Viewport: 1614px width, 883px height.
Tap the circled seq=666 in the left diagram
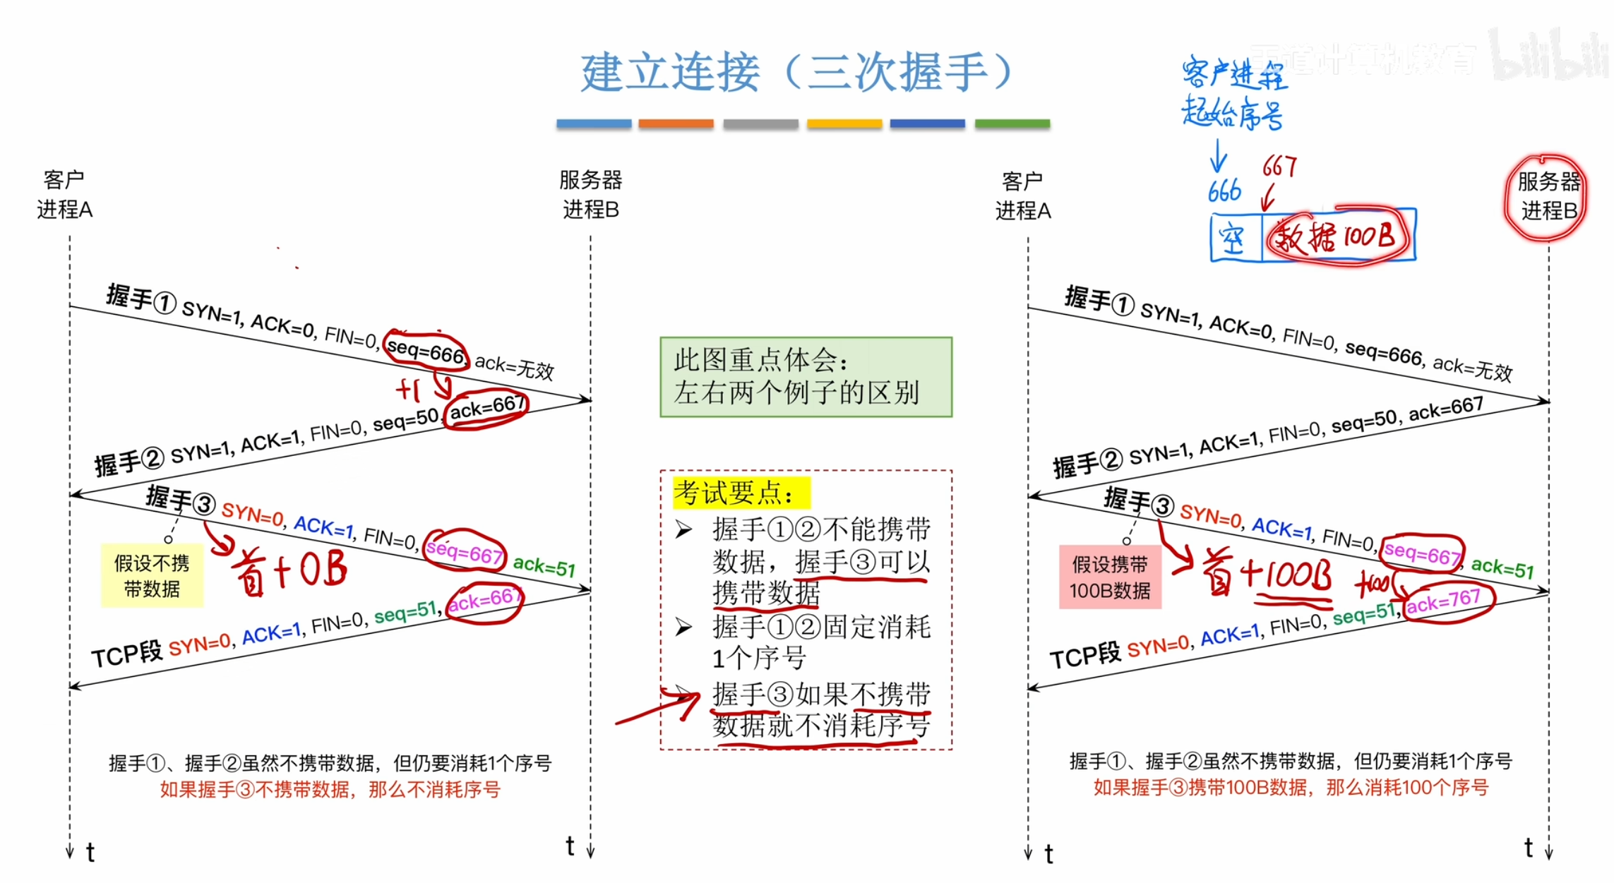[x=426, y=349]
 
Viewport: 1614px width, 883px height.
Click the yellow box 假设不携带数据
[x=152, y=575]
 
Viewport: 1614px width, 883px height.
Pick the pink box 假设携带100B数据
[x=1110, y=577]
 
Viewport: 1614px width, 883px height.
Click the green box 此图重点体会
[x=806, y=377]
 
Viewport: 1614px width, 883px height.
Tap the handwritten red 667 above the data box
[x=1279, y=167]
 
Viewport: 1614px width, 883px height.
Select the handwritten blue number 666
[x=1224, y=191]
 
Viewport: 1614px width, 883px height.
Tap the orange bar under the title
[x=676, y=124]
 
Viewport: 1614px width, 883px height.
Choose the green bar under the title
[x=1012, y=124]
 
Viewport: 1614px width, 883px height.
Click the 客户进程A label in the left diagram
[x=64, y=195]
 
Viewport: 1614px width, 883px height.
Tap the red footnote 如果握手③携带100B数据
[x=1290, y=787]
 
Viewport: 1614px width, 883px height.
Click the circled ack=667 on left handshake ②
[x=487, y=408]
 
